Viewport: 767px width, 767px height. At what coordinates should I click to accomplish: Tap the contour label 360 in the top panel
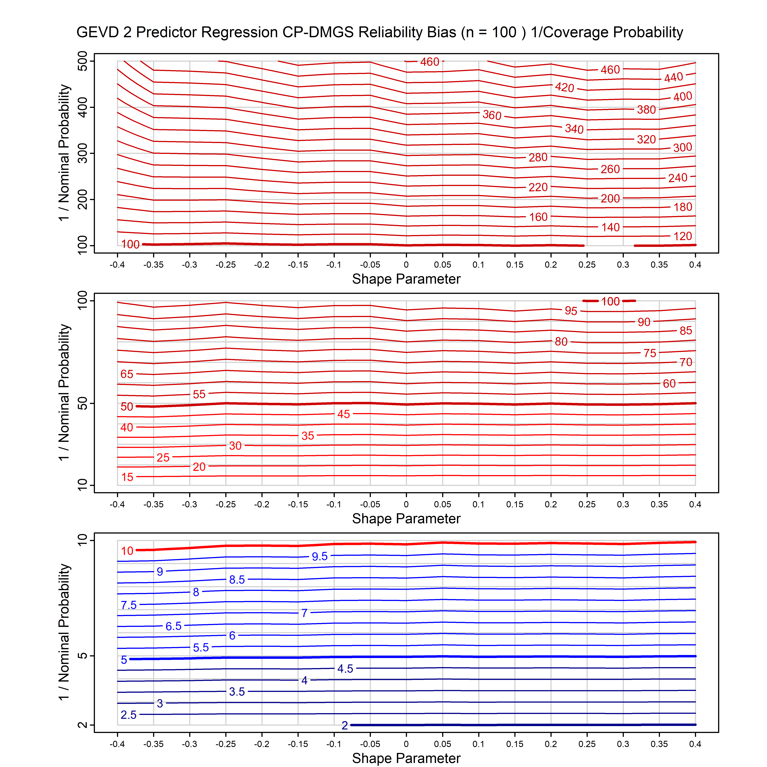pyautogui.click(x=492, y=115)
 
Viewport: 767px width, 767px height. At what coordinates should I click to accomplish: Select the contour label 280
pyautogui.click(x=538, y=158)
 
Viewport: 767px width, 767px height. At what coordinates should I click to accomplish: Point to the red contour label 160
pyautogui.click(x=538, y=217)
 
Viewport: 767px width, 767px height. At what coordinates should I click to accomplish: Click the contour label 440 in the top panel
pyautogui.click(x=674, y=77)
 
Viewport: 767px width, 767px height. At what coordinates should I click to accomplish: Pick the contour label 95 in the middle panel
pyautogui.click(x=571, y=311)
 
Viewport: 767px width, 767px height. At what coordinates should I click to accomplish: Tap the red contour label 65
pyautogui.click(x=127, y=374)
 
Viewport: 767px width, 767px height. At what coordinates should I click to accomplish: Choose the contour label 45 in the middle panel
pyautogui.click(x=344, y=414)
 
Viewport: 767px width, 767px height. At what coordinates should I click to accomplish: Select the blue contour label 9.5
pyautogui.click(x=320, y=556)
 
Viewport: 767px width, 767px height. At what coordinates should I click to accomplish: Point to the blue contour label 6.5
pyautogui.click(x=174, y=626)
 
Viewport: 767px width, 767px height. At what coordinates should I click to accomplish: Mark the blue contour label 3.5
pyautogui.click(x=237, y=692)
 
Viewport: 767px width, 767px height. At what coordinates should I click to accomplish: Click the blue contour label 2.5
pyautogui.click(x=129, y=715)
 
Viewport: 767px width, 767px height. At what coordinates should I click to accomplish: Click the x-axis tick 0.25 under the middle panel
pyautogui.click(x=587, y=504)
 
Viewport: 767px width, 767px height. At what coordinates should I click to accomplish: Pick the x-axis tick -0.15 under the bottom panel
pyautogui.click(x=298, y=744)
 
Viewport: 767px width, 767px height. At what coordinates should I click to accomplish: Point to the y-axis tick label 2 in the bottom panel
pyautogui.click(x=83, y=725)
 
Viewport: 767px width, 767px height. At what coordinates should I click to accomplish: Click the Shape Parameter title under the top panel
pyautogui.click(x=406, y=279)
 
